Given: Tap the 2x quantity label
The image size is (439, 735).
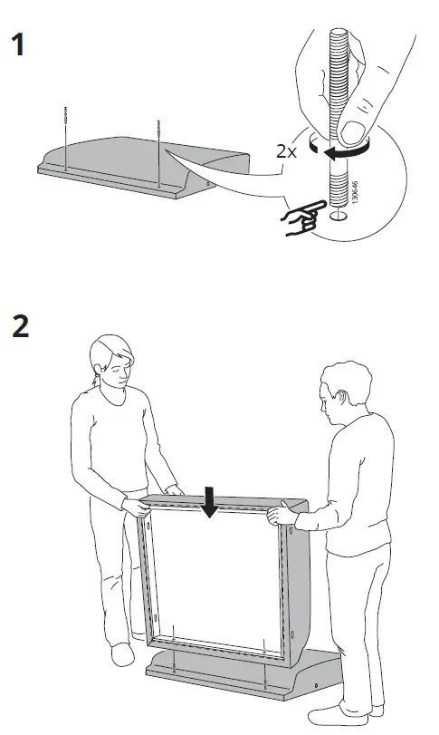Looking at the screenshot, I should pos(287,151).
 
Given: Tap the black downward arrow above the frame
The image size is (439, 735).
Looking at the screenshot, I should pos(210,502).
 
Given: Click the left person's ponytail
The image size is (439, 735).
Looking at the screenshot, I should pos(93,385).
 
